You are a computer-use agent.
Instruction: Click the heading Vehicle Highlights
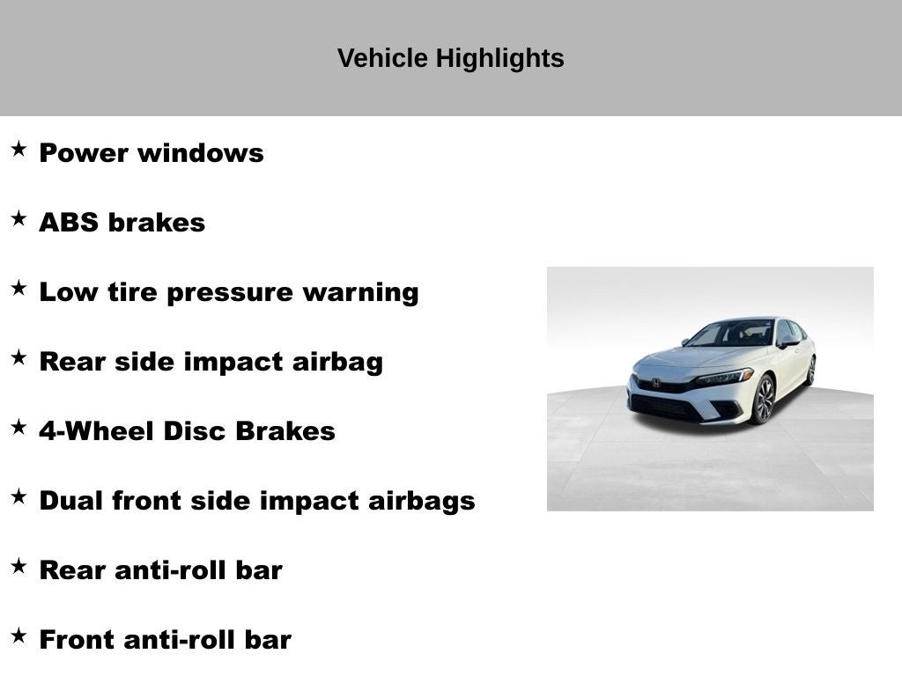click(450, 58)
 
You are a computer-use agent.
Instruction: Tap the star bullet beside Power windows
click(18, 149)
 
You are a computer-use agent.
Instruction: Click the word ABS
click(69, 223)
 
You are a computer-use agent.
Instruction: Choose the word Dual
click(71, 501)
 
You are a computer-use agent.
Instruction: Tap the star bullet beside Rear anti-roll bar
click(18, 566)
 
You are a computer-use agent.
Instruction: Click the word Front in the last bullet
click(77, 640)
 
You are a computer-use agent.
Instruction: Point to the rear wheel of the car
click(810, 371)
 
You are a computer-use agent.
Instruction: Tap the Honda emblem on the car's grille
click(656, 383)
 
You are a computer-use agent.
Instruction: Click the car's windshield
click(731, 334)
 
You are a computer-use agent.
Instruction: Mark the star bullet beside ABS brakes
click(18, 218)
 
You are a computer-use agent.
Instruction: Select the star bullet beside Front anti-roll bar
click(18, 636)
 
